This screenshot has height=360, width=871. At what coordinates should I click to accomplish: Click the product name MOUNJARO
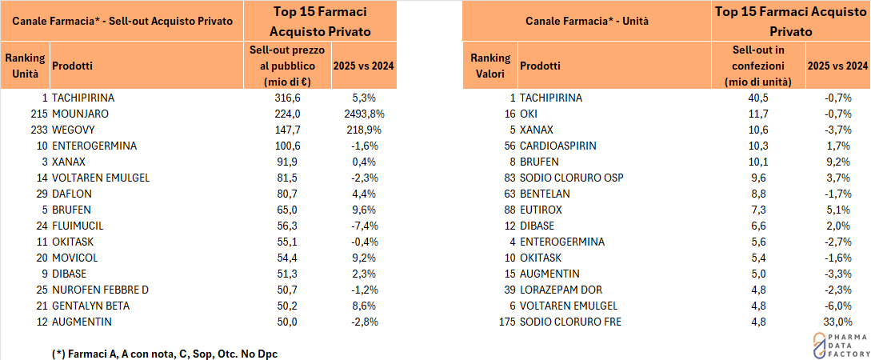80,114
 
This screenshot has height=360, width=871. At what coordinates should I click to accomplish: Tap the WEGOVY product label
74,130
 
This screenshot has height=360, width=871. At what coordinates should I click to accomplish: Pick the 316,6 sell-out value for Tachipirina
286,98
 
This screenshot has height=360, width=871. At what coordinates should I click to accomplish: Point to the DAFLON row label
71,194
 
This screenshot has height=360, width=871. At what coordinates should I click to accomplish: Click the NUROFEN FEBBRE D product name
100,290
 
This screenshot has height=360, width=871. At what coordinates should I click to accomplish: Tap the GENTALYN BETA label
90,306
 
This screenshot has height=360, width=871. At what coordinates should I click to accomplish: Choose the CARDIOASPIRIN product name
557,146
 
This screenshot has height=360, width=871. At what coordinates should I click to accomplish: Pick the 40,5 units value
758,98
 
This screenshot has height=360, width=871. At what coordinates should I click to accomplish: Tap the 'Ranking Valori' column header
489,66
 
